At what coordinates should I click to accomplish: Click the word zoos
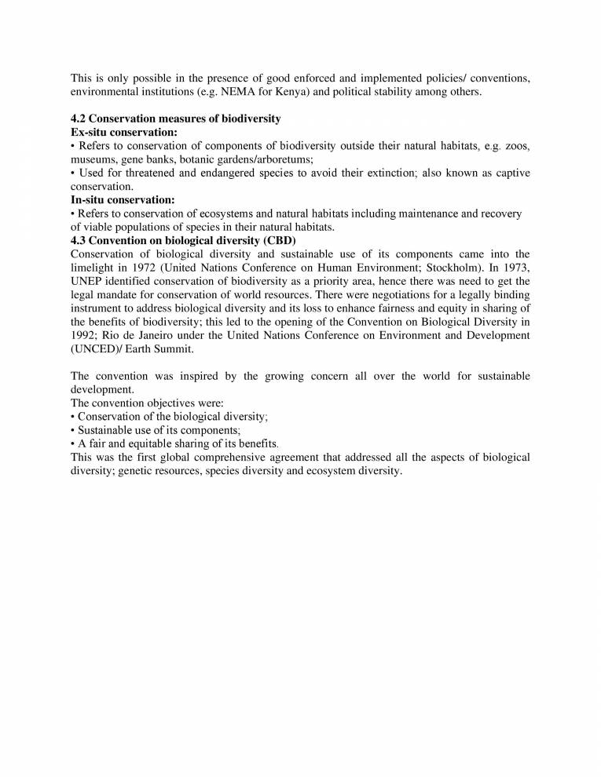point(518,146)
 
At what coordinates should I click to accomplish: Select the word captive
point(509,173)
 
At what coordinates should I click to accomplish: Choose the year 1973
point(515,268)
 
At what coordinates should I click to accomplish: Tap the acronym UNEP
point(88,281)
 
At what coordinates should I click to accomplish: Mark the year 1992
point(86,335)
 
